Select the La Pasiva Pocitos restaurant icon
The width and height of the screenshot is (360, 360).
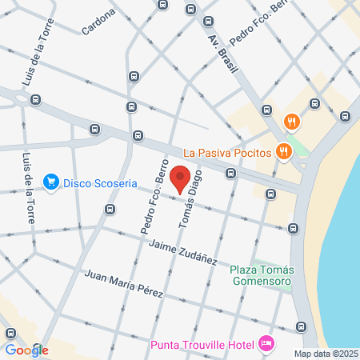[282, 150]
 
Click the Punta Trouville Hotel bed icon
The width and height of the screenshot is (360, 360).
[266, 344]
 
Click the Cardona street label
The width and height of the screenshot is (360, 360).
[98, 22]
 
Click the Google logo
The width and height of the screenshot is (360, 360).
[26, 350]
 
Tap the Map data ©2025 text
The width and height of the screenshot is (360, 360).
[326, 354]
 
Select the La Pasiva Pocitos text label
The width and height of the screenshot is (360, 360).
[226, 151]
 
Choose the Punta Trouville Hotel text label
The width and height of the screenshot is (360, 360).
[202, 345]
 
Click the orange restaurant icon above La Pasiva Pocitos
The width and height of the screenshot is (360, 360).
[291, 122]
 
